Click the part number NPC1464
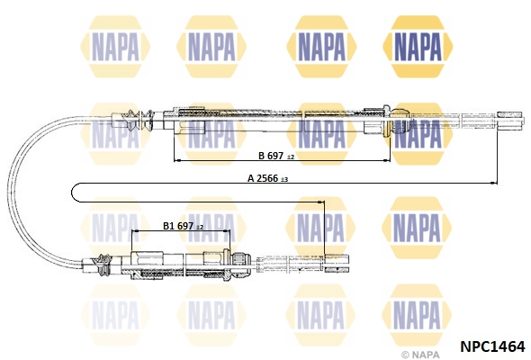coord(492,346)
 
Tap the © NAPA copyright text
coord(420,355)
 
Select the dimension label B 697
coord(271,156)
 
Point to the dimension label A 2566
coord(263,178)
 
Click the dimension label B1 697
coord(178,226)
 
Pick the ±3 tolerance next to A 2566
coord(283,179)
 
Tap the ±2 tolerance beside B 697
coord(291,157)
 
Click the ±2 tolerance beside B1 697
coord(200,227)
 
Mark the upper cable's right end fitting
coord(510,121)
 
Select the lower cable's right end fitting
coord(337,264)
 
